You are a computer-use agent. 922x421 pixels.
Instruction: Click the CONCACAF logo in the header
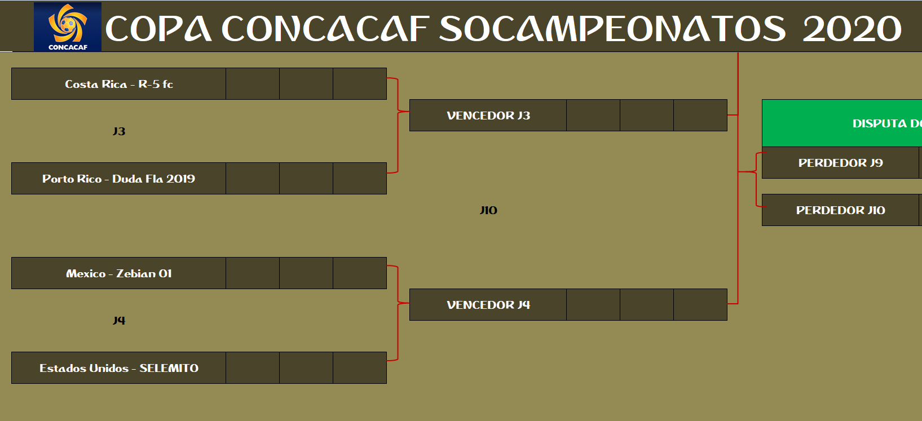coord(68,26)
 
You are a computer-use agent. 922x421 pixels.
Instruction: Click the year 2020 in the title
coord(852,29)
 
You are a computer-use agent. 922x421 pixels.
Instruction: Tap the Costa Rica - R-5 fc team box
coord(118,84)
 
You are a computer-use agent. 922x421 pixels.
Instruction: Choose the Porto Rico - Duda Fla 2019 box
coord(118,179)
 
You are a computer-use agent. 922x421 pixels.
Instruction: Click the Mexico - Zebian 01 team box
coord(118,273)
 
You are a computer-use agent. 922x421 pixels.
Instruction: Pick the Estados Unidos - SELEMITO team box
coord(118,368)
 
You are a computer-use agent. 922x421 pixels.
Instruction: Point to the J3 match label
coord(119,131)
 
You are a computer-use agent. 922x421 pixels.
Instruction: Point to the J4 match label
coord(119,321)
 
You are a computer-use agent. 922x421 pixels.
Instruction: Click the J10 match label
coord(488,210)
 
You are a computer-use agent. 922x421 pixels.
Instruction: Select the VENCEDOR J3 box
coord(488,115)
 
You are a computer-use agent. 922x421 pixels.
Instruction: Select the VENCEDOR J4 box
coord(488,304)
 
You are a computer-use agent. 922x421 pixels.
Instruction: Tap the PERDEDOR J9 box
coord(840,162)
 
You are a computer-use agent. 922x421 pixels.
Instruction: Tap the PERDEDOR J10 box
coord(840,210)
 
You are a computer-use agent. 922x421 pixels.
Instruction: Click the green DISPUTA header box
coord(842,123)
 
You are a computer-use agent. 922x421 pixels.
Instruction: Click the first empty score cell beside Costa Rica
coord(253,84)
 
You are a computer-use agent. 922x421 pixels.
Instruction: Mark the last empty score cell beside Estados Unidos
coord(360,368)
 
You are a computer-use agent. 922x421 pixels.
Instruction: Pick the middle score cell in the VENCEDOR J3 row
coord(647,115)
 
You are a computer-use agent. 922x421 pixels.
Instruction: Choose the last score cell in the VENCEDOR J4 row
coord(700,304)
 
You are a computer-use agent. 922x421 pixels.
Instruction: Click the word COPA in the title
coord(158,29)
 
